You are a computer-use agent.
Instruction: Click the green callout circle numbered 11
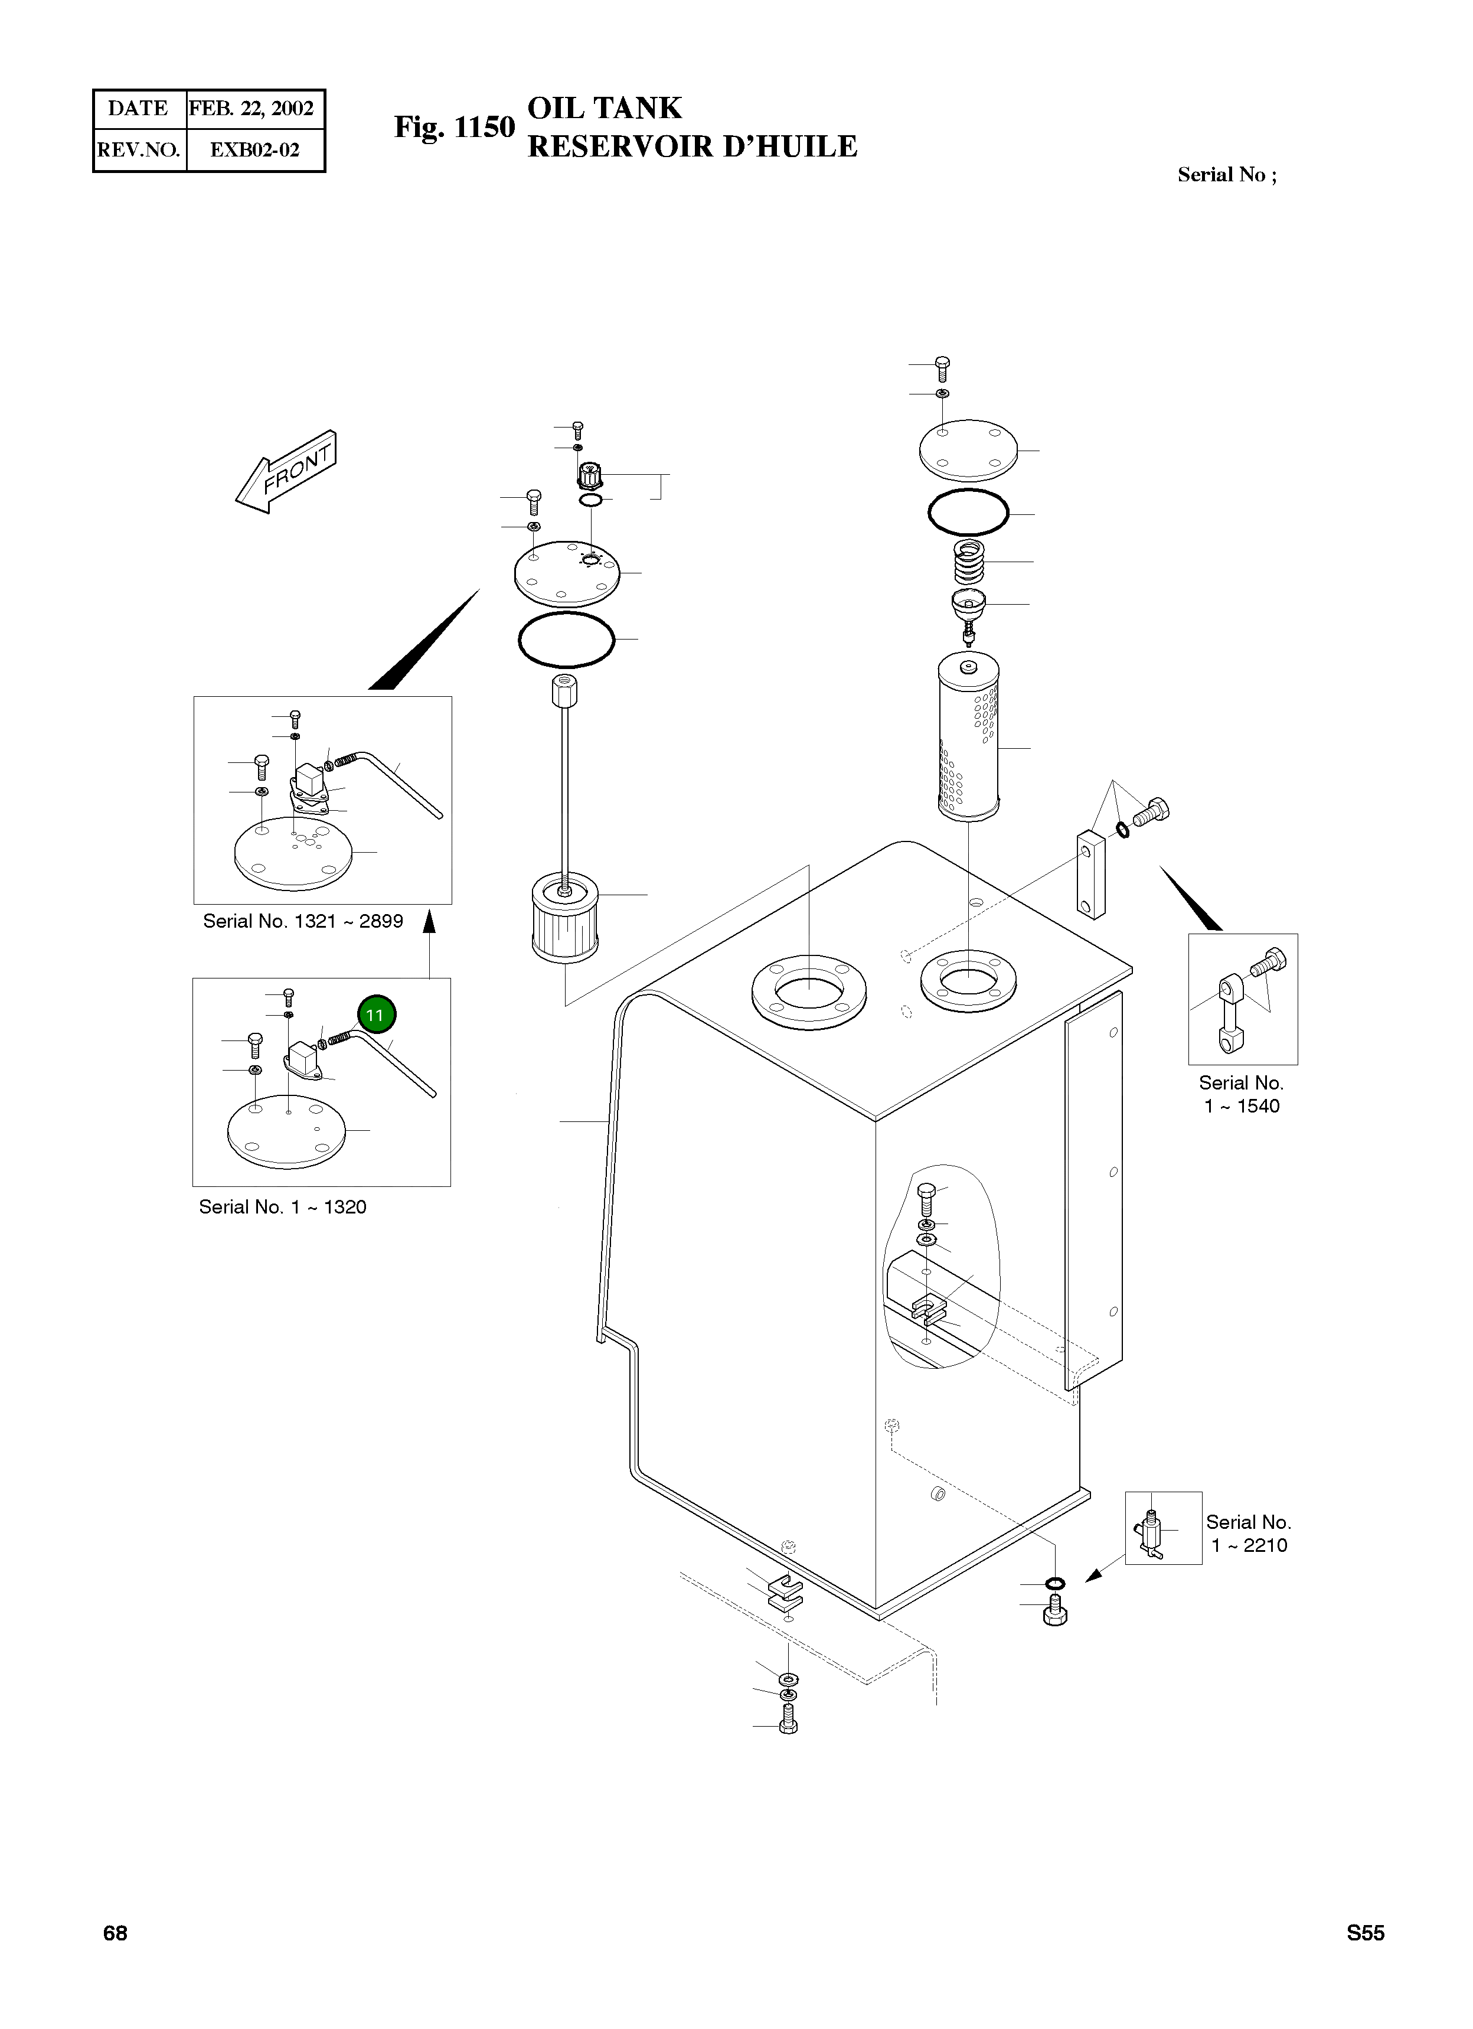click(375, 1014)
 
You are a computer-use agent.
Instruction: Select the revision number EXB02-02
click(254, 149)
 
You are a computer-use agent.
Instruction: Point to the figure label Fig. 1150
click(455, 128)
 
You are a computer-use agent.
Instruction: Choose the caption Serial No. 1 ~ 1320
click(283, 1207)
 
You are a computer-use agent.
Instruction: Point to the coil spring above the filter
click(969, 561)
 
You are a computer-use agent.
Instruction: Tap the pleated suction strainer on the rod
click(564, 918)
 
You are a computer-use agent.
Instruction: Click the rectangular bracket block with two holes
click(1091, 873)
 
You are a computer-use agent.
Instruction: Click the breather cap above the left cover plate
click(590, 473)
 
